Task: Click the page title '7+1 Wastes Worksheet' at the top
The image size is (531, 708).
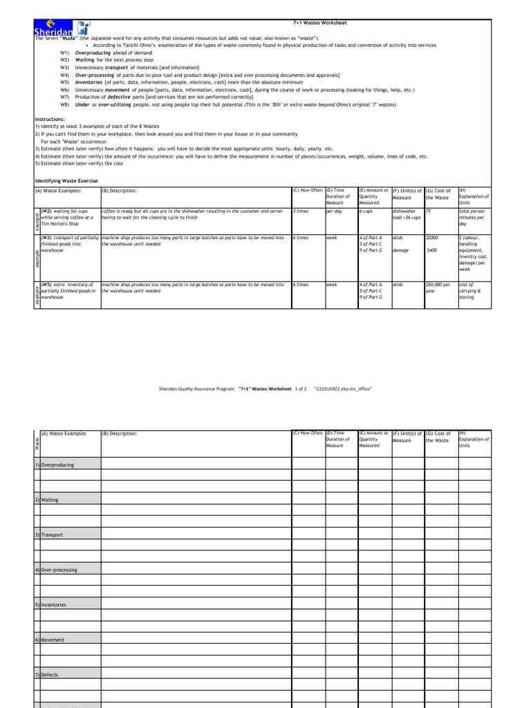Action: coord(319,23)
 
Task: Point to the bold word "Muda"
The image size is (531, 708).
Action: coord(75,39)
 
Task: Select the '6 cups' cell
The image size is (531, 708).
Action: coord(366,210)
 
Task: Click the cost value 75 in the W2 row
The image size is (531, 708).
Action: coord(429,210)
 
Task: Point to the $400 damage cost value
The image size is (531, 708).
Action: coord(432,250)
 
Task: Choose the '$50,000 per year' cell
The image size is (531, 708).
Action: coord(439,287)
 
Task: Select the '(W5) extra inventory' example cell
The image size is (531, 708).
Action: coord(69,290)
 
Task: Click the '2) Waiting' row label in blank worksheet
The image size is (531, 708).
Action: coord(49,499)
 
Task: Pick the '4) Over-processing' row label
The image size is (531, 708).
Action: coord(58,570)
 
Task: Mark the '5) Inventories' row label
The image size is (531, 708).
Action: coord(53,604)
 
